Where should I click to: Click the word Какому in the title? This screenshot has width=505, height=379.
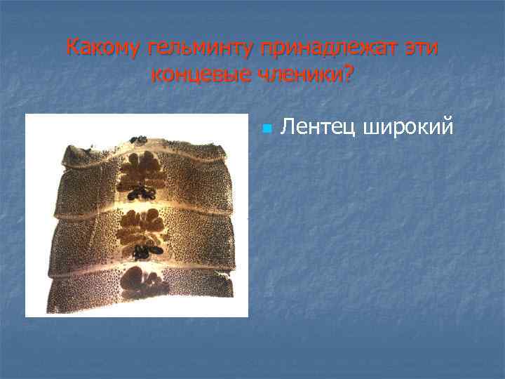[104, 48]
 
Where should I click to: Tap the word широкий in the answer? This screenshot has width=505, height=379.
[406, 127]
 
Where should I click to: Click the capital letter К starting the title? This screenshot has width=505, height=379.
[73, 48]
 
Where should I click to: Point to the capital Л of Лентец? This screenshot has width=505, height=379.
[287, 127]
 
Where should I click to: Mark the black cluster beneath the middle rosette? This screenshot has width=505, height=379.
[148, 248]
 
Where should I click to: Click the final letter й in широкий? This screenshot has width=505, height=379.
[448, 127]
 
